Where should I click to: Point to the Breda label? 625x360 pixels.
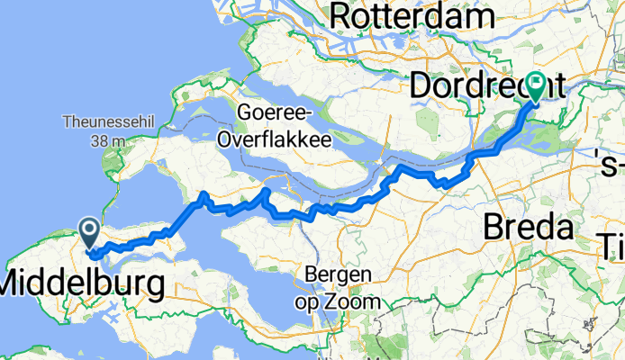(530, 228)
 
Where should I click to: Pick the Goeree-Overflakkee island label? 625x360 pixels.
(274, 127)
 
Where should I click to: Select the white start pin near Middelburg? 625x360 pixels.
(90, 233)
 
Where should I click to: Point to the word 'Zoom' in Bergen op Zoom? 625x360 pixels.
(355, 301)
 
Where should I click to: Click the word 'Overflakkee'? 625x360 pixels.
(274, 139)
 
